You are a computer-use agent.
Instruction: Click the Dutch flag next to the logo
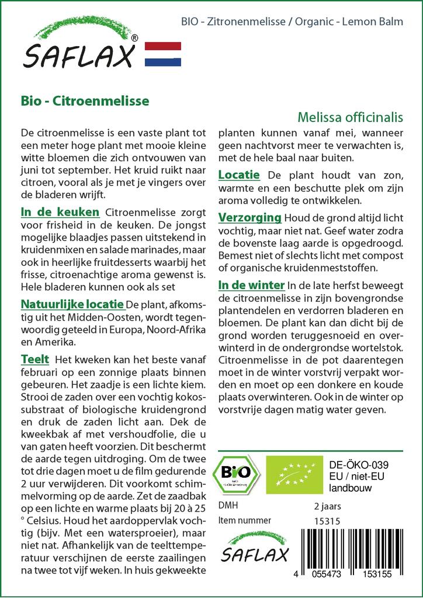162,54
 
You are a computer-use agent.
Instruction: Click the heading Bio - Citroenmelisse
85,100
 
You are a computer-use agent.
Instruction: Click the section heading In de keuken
60,211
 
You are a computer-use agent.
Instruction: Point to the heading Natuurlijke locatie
72,304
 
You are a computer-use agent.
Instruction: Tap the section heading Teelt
34,359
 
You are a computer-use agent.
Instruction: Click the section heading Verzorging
249,218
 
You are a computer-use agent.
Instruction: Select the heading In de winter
251,286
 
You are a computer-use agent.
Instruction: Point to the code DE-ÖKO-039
359,464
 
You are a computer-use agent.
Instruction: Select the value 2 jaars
327,506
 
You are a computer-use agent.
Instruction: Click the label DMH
227,506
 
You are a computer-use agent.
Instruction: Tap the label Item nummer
244,520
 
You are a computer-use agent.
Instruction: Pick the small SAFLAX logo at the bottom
254,550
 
